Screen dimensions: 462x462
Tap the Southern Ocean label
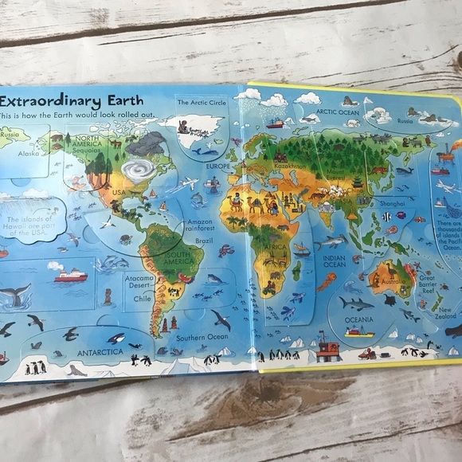[202, 337]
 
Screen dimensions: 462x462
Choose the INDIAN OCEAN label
[339, 264]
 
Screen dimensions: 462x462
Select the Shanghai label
[393, 204]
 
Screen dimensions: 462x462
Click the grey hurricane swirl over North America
[141, 169]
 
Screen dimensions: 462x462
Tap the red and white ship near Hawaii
[70, 275]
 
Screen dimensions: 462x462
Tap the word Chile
[142, 298]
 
